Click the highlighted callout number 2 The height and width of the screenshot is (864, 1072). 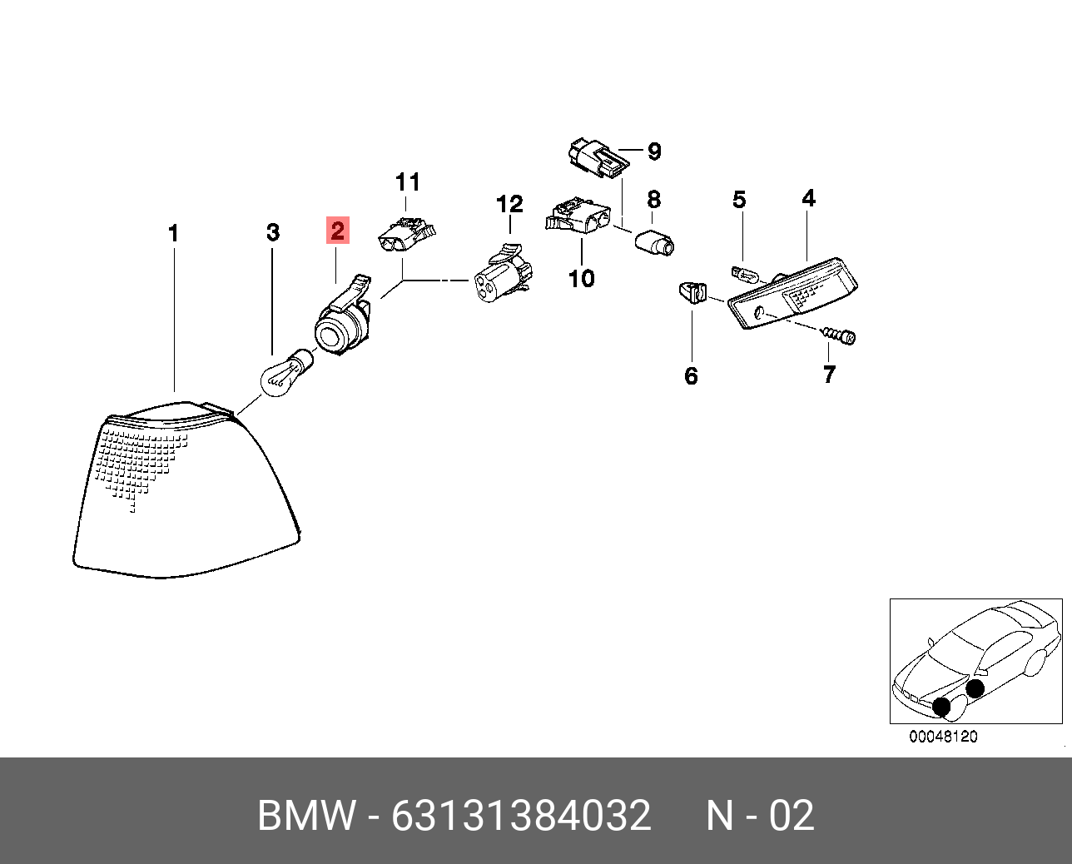click(x=337, y=231)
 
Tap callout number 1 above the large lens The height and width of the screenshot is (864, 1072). click(x=173, y=234)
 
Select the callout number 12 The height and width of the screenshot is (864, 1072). click(x=509, y=203)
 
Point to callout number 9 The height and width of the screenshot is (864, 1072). click(x=654, y=151)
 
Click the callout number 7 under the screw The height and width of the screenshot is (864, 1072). click(x=828, y=375)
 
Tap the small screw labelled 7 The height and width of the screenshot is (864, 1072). click(x=840, y=335)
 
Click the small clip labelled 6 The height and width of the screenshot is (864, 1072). click(x=692, y=293)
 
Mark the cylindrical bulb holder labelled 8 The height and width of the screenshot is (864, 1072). click(x=655, y=243)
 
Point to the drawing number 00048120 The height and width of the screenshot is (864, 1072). click(x=943, y=737)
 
